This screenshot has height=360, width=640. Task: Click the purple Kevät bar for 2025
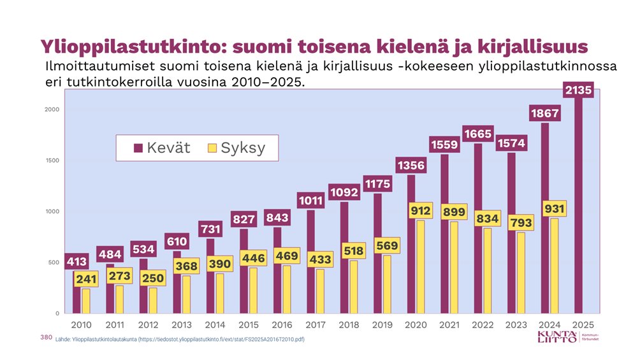pyautogui.click(x=578, y=210)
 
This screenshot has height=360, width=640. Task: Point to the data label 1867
pyautogui.click(x=544, y=114)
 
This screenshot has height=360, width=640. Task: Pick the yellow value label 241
pyautogui.click(x=86, y=279)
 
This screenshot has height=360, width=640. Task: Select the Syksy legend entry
pyautogui.click(x=236, y=148)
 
